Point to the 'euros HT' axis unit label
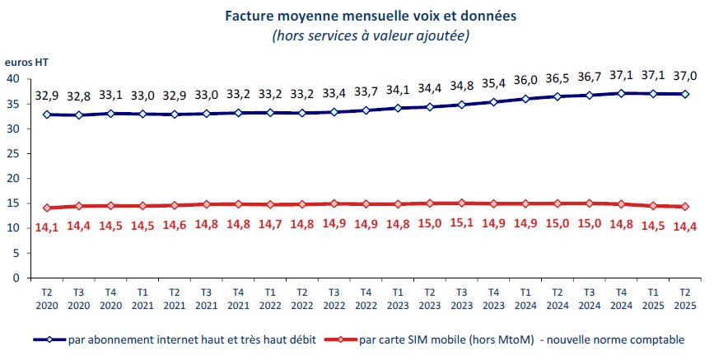[x=27, y=62]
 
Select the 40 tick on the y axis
[x=13, y=79]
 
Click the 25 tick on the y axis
[x=13, y=154]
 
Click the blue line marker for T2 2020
[x=47, y=115]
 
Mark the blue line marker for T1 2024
[x=525, y=99]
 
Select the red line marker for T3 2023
[x=461, y=203]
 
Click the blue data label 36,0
[x=525, y=81]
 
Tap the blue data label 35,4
[x=493, y=83]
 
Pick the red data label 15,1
[x=461, y=222]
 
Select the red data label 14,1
[x=47, y=227]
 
